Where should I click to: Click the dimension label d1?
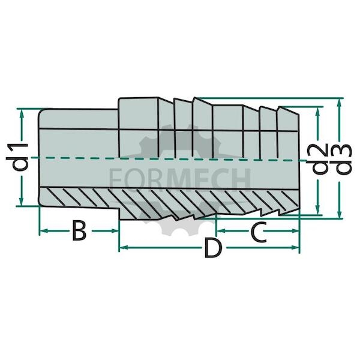[x=20, y=157]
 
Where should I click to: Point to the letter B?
[x=79, y=230]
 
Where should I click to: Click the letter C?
[x=259, y=232]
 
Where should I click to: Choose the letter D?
[x=214, y=248]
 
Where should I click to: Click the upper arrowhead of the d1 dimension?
[x=22, y=113]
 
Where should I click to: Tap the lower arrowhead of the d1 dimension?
[x=22, y=202]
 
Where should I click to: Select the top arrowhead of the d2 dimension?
[x=318, y=112]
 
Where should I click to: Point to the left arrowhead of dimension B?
[x=44, y=231]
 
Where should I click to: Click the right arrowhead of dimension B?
[x=115, y=231]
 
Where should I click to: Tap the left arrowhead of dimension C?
[x=221, y=231]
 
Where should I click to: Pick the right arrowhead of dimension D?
[x=295, y=247]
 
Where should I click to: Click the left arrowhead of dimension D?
[x=124, y=247]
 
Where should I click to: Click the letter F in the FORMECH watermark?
[x=115, y=179]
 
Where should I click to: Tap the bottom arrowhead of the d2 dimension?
[x=318, y=210]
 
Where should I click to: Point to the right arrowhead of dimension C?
[x=295, y=231]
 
